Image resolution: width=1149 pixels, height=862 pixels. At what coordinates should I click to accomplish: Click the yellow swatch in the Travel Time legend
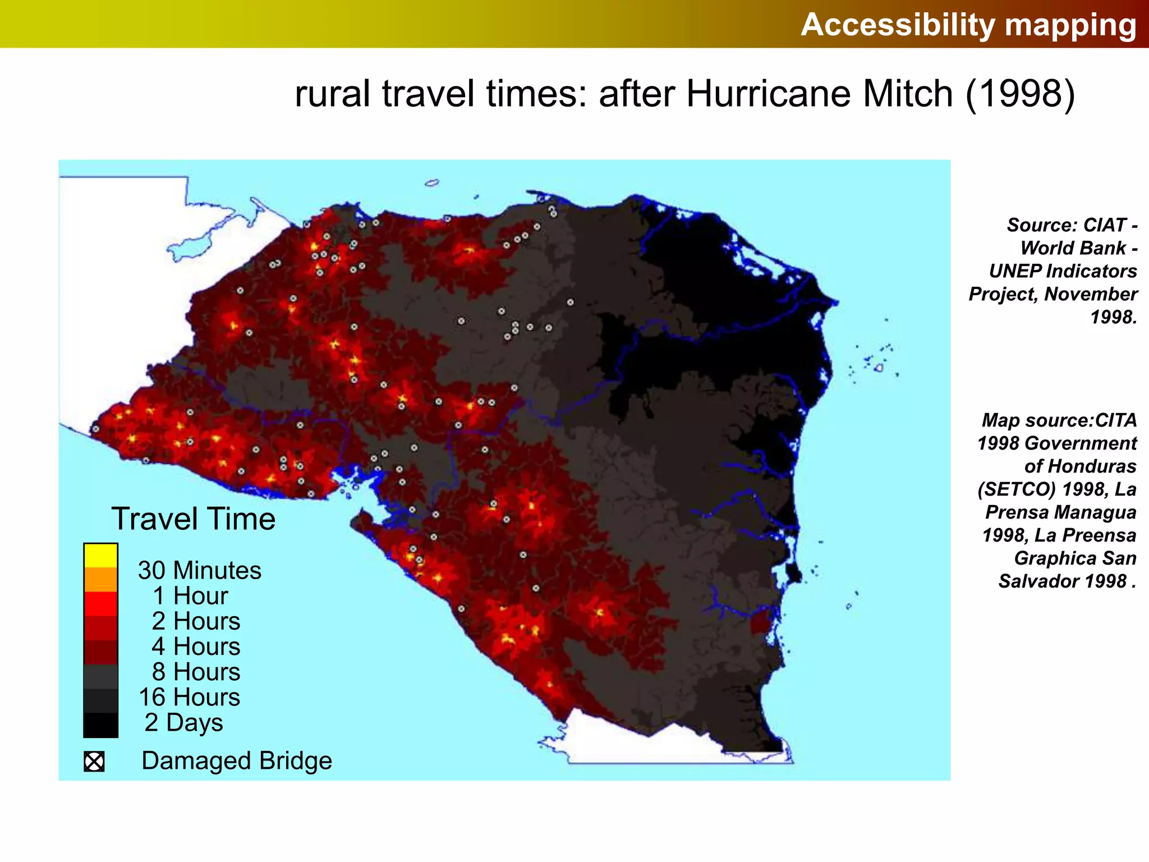[100, 556]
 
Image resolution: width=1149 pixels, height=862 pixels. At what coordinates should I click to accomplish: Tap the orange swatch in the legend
[100, 580]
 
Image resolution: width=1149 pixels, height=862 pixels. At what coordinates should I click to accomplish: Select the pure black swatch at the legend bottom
[100, 725]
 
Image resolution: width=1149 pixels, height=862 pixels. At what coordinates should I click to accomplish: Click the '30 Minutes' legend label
[200, 570]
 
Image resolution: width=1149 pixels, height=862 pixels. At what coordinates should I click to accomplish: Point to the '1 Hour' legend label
[190, 595]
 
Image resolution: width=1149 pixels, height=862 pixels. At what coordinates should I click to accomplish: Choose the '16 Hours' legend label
[190, 697]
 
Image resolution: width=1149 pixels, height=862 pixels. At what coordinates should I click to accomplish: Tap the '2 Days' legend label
[183, 722]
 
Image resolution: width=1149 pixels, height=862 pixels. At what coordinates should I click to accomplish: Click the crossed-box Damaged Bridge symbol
[94, 762]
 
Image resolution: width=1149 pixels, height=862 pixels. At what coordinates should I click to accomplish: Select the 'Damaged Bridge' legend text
[237, 761]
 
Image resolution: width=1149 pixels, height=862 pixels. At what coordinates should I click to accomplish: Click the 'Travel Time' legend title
[194, 519]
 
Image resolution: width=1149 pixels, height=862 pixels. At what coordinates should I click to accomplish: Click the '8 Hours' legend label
[196, 672]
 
